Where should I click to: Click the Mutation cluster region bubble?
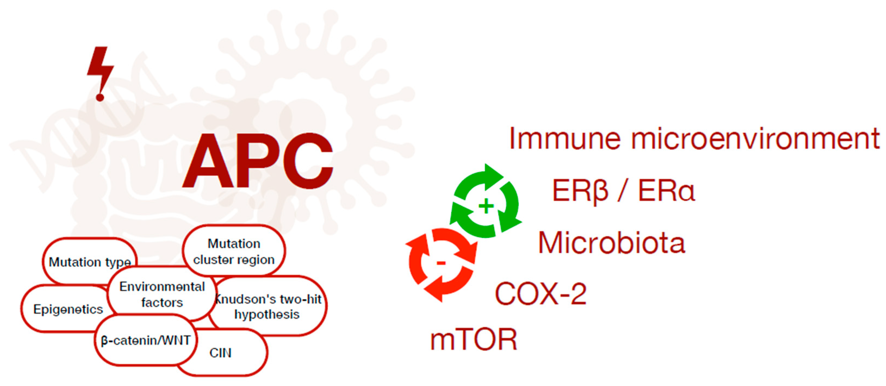(x=234, y=251)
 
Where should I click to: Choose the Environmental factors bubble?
(x=162, y=294)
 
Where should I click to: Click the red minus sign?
(x=441, y=264)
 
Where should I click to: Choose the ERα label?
(x=667, y=190)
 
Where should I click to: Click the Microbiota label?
(x=611, y=243)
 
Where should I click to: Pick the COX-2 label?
(x=541, y=294)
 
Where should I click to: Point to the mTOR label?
(x=474, y=339)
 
